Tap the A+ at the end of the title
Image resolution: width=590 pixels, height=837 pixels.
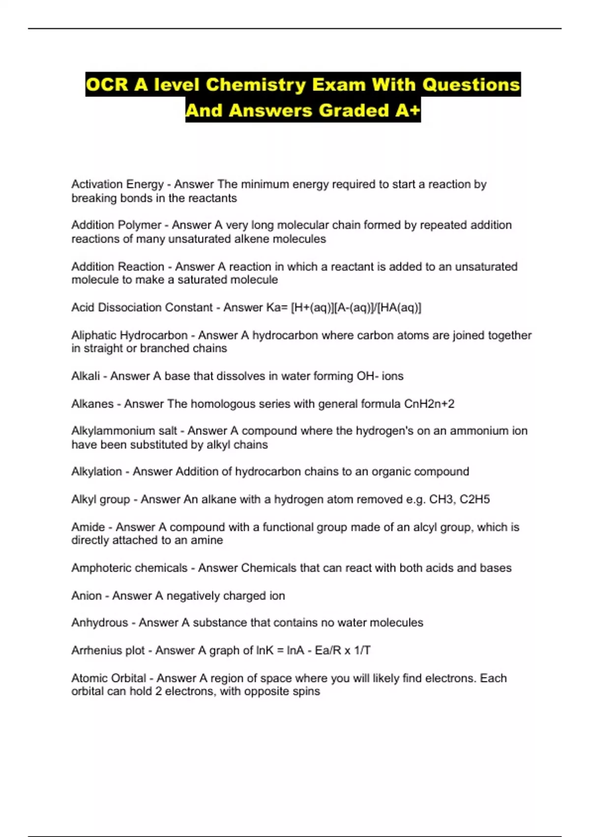(x=407, y=111)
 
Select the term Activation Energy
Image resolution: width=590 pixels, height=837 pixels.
(x=117, y=185)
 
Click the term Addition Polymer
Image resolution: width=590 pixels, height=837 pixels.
(x=116, y=225)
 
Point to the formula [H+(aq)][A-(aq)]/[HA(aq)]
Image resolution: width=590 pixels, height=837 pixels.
(x=356, y=308)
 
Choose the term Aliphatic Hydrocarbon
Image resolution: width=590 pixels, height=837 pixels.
(x=129, y=335)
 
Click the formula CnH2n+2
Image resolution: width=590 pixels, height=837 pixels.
(x=429, y=404)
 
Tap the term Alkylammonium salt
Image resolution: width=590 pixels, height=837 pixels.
(x=124, y=431)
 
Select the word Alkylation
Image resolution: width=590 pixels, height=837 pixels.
(x=96, y=472)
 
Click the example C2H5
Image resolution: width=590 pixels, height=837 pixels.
(x=474, y=499)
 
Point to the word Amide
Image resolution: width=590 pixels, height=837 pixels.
(x=88, y=527)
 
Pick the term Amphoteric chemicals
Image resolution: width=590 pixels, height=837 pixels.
(x=129, y=568)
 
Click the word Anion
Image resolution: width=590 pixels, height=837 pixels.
(x=86, y=596)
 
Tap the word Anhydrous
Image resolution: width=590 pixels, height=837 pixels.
(x=99, y=623)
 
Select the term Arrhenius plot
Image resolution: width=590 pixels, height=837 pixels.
(x=108, y=650)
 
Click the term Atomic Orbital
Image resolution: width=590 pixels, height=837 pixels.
(x=109, y=678)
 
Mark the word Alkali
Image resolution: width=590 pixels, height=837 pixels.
(x=86, y=376)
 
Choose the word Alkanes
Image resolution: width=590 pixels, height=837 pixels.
(x=92, y=404)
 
